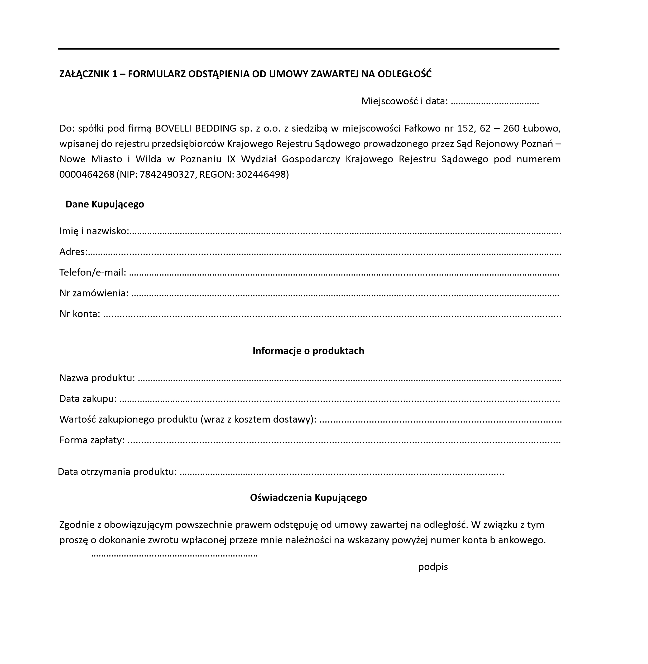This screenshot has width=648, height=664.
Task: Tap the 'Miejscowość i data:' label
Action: point(404,101)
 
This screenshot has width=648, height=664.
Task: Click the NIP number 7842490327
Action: point(167,174)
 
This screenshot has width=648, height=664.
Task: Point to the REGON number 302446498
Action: point(261,174)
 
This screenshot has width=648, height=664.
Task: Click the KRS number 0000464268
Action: point(87,174)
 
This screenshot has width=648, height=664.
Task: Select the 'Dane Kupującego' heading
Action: point(104,204)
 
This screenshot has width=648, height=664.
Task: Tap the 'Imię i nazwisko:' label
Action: point(94,231)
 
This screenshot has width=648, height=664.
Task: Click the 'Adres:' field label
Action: point(73,251)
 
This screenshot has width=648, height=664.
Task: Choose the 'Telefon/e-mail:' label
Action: point(93,272)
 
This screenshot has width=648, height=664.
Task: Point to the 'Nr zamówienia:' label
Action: point(94,293)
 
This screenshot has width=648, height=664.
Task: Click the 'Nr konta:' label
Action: point(80,314)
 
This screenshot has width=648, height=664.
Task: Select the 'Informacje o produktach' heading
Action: point(308,351)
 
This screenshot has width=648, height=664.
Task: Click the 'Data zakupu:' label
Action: point(88,399)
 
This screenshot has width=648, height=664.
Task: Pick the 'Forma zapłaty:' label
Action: point(92,440)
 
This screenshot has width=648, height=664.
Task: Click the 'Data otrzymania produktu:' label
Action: point(117,472)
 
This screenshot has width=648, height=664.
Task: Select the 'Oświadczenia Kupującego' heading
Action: point(308,498)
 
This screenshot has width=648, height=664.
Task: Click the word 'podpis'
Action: point(433,567)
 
